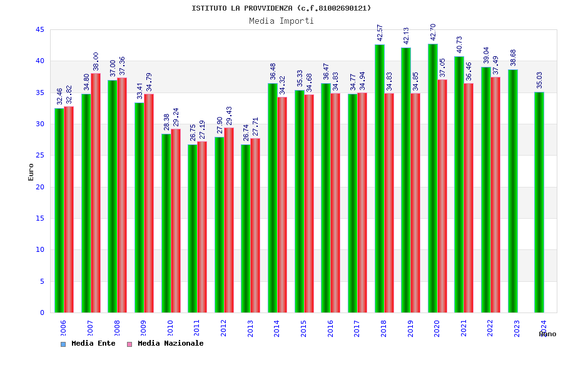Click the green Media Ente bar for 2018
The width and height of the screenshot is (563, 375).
[x=379, y=178]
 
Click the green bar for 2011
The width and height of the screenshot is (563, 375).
[x=193, y=228]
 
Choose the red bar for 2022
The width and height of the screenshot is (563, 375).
[x=495, y=194]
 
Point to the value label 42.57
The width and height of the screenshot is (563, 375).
[x=380, y=32]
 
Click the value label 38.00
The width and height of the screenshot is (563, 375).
[x=96, y=61]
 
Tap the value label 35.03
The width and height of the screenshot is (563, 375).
[x=539, y=80]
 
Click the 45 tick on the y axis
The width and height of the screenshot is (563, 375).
[x=40, y=30]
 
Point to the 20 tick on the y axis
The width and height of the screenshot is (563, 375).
[x=40, y=187]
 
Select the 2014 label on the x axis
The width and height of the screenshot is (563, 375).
[x=276, y=328]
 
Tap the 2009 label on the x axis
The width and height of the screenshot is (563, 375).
[x=143, y=328]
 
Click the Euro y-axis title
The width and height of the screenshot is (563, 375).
[x=31, y=172]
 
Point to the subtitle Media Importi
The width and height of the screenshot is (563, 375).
[x=281, y=21]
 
